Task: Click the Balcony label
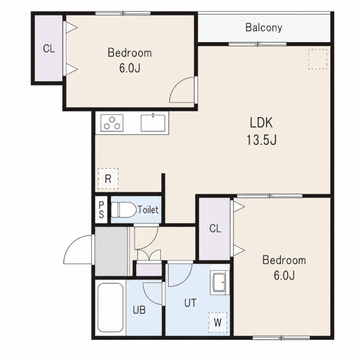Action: (264, 28)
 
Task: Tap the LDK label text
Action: (261, 123)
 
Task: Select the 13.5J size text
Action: (261, 139)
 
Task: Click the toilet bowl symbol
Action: (124, 210)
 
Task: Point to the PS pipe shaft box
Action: (101, 210)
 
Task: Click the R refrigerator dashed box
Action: (108, 179)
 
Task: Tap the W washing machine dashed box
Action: (218, 322)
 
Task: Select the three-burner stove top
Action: (112, 123)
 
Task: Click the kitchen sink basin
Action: (153, 123)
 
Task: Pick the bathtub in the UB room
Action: (110, 308)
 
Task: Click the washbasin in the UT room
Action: (219, 282)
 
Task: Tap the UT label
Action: (190, 303)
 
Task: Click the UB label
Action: (139, 310)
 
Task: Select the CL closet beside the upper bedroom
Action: (49, 48)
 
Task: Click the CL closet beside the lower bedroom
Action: (215, 229)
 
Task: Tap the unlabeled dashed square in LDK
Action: (317, 59)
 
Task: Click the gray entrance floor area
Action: (111, 251)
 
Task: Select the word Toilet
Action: (148, 210)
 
